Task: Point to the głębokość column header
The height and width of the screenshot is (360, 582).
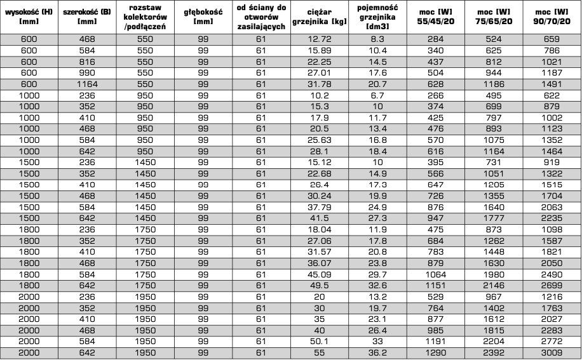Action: (x=203, y=16)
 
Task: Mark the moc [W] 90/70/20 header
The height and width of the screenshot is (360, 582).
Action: (x=552, y=16)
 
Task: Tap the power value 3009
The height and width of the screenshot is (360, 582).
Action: (x=552, y=353)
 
